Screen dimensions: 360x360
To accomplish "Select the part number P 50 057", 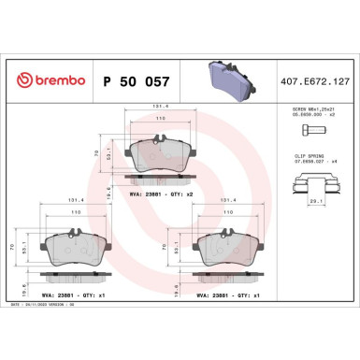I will [x=133, y=81].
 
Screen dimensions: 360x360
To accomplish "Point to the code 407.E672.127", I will [x=319, y=81].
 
